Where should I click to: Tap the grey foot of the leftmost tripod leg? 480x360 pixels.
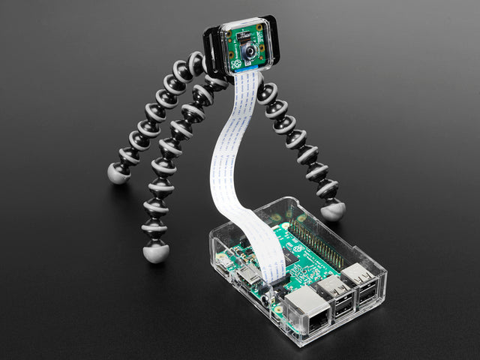118,174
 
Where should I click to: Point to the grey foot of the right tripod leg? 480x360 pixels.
332,211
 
